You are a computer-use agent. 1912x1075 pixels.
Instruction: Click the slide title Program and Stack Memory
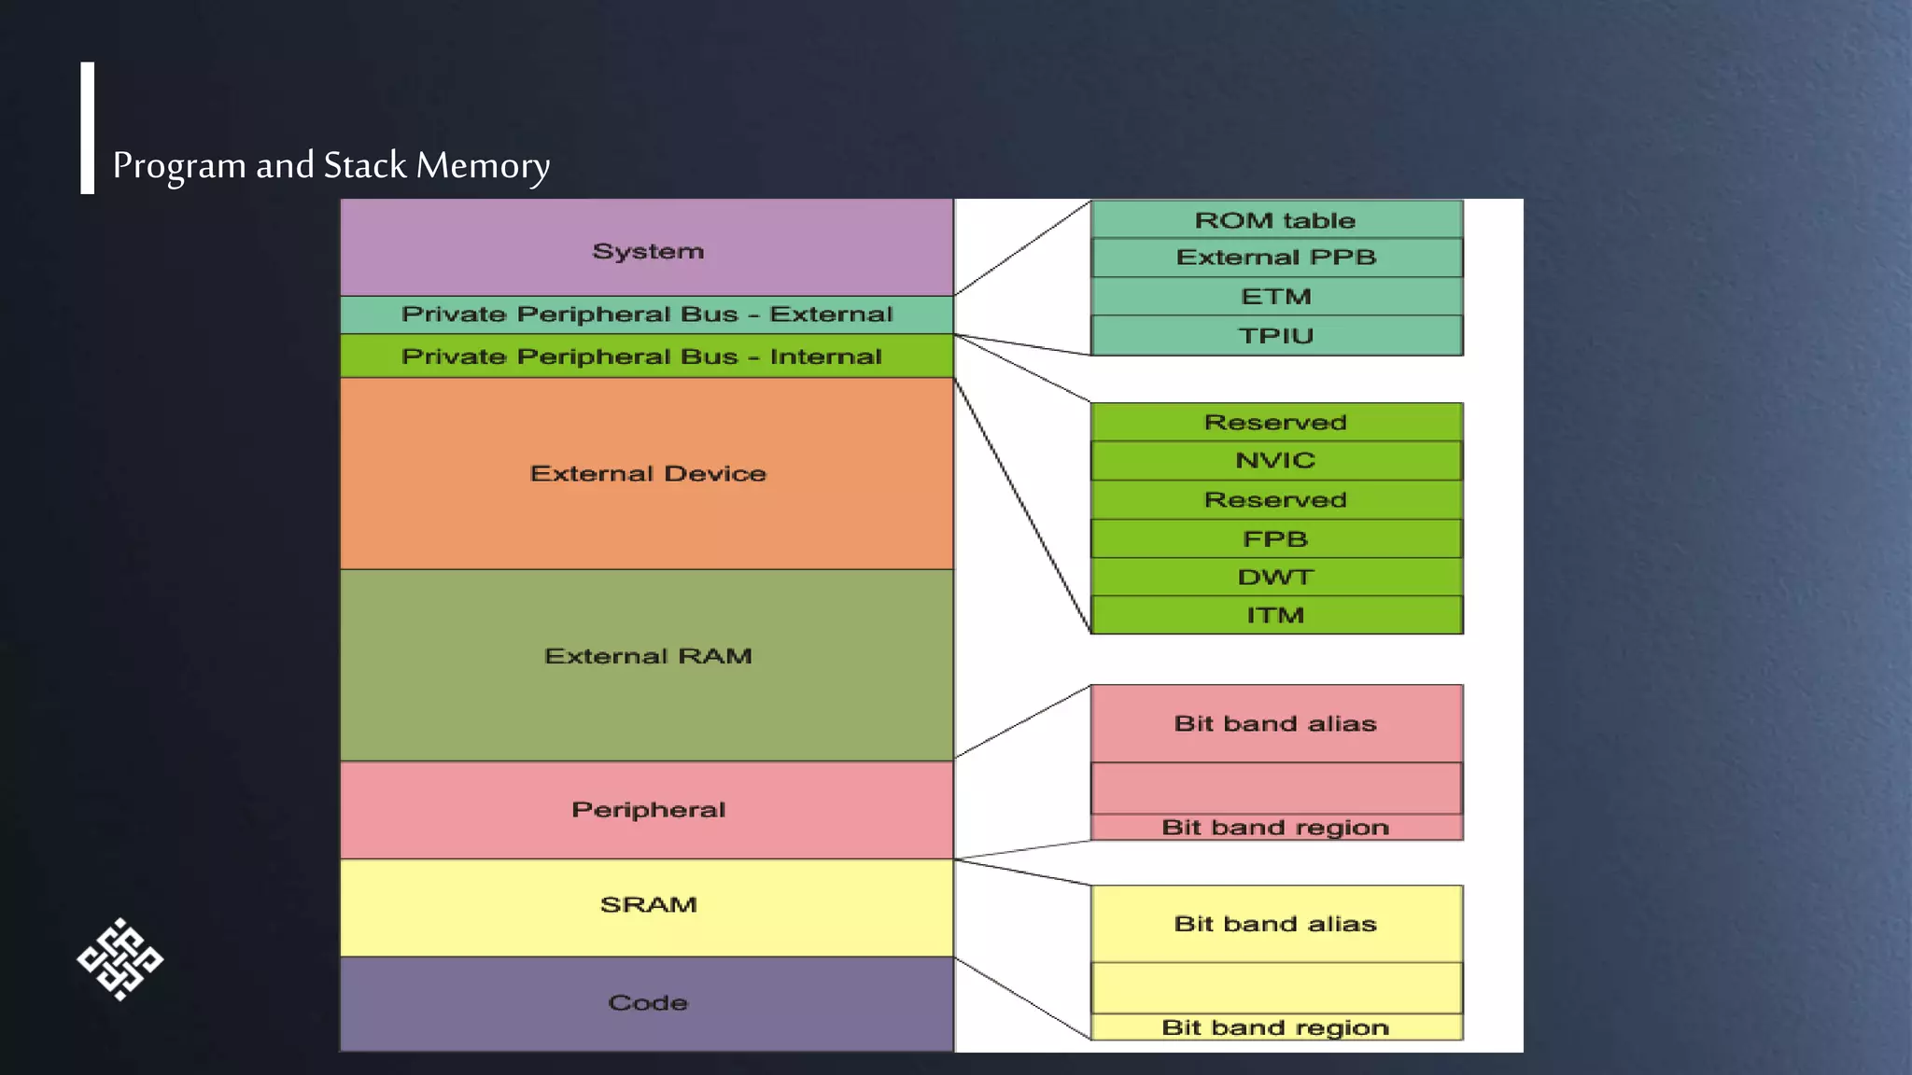(x=330, y=166)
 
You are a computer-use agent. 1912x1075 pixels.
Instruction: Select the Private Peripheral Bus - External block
(x=647, y=314)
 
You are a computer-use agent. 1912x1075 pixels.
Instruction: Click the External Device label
(x=648, y=474)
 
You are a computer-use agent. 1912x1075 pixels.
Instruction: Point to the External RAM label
(x=648, y=657)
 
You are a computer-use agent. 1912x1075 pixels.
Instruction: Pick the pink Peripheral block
(x=647, y=810)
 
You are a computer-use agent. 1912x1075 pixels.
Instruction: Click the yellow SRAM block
(x=647, y=906)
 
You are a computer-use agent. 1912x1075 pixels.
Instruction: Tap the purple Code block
(x=647, y=1003)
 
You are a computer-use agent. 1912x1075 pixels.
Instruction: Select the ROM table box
(x=1275, y=220)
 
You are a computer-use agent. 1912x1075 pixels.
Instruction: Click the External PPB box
(x=1275, y=258)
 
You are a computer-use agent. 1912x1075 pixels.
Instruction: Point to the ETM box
(x=1275, y=297)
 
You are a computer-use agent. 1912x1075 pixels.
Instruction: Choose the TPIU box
(x=1275, y=336)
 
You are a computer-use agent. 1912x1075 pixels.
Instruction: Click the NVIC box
(x=1275, y=461)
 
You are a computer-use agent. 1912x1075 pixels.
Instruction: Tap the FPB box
(x=1275, y=539)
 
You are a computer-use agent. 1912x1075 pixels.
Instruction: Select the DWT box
(x=1275, y=578)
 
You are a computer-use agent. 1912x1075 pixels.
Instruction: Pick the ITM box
(x=1275, y=616)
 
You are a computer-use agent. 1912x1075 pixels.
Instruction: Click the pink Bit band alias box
(x=1275, y=724)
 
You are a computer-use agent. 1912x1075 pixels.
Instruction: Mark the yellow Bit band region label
(x=1275, y=1027)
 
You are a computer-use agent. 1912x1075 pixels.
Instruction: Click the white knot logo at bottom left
(x=119, y=959)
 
